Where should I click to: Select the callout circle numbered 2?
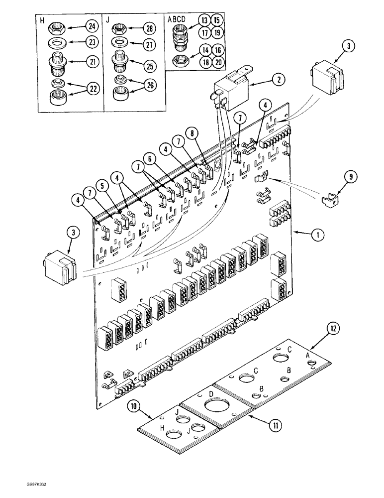(x=278, y=78)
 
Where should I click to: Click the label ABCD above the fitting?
(x=178, y=19)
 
